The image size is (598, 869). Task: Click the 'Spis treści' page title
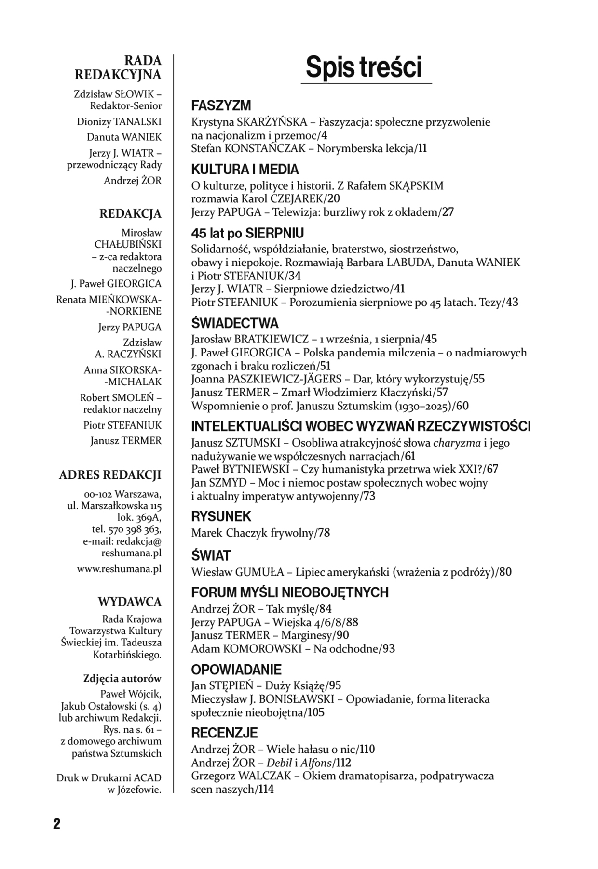pos(364,67)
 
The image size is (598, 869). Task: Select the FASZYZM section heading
pos(221,105)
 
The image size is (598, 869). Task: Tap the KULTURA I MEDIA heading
pos(245,170)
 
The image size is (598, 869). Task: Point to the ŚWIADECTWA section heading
pos(235,323)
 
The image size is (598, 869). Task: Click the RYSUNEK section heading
pos(221,516)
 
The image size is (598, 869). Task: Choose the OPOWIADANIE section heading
pos(236,670)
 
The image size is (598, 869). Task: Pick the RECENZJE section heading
pos(225,733)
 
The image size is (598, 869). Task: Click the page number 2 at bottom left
pos(57,824)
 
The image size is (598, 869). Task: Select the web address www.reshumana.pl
pos(119,569)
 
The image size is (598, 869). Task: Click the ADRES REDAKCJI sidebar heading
pos(110,475)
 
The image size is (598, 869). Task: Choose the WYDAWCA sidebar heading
pos(130,602)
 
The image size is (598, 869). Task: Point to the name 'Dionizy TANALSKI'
pos(119,122)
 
